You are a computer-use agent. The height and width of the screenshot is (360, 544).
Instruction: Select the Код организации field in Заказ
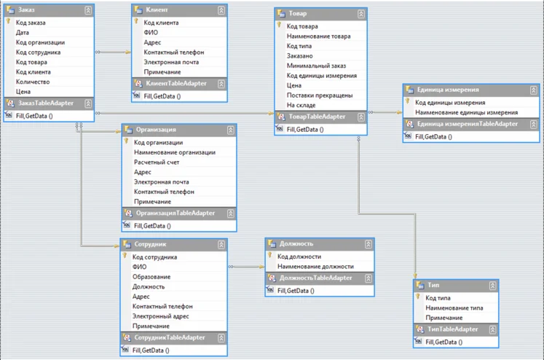(x=40, y=42)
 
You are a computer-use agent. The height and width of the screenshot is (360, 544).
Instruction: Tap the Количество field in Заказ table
(x=33, y=82)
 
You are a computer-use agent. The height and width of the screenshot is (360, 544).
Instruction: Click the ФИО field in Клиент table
(x=151, y=32)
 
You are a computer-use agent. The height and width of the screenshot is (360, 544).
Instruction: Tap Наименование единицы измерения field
(x=466, y=113)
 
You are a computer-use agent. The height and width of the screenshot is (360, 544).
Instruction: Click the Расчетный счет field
(x=157, y=163)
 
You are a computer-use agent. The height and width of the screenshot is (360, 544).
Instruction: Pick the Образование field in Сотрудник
(x=151, y=277)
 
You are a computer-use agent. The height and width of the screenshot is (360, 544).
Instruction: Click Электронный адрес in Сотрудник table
(x=161, y=316)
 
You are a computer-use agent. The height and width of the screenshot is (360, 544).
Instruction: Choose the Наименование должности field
(x=315, y=267)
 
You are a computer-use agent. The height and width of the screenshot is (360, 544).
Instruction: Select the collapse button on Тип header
(x=492, y=284)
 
